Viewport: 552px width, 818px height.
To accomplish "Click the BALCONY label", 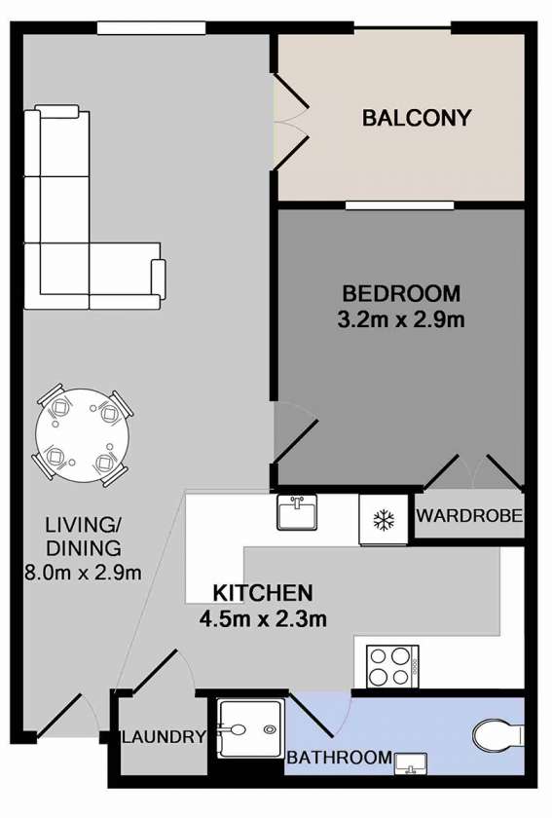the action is (417, 118).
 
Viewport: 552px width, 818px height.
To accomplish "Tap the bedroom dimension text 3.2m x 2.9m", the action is (401, 319).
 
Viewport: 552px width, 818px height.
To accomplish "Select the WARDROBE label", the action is (469, 515).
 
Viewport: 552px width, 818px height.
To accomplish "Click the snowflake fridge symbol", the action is (384, 520).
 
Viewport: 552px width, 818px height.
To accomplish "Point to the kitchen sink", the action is (296, 512).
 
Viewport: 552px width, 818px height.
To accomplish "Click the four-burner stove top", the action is (392, 666).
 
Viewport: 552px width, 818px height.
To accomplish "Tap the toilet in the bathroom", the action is (498, 735).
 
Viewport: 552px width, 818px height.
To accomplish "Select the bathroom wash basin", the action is (411, 763).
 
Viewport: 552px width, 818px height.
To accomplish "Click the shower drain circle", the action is (270, 729).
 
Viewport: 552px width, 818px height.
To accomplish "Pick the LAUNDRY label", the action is (164, 737).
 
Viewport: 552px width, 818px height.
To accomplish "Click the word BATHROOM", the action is (339, 757).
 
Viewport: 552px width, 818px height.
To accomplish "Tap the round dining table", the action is (83, 436).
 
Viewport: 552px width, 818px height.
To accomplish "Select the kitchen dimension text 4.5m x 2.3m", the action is (263, 619).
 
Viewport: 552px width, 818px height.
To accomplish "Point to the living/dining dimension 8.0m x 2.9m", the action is (83, 573).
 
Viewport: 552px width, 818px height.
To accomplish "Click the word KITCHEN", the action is (263, 593).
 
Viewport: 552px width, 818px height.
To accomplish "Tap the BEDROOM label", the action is (401, 294).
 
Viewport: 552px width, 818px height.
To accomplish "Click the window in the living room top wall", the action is (151, 28).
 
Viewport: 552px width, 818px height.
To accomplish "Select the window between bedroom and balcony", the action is (400, 205).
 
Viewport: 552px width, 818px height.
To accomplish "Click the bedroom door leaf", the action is (295, 441).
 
